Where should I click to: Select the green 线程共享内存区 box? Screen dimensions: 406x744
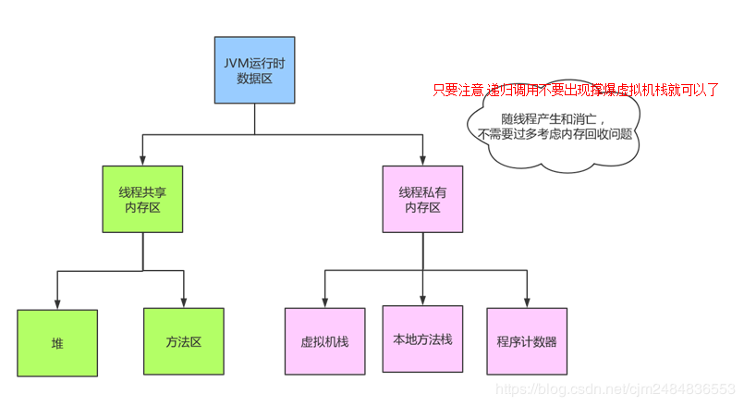pyautogui.click(x=142, y=199)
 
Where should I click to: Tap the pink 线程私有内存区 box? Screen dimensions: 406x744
pyautogui.click(x=423, y=199)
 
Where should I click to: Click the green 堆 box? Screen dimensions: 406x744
pyautogui.click(x=57, y=343)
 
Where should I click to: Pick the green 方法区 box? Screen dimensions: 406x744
pyautogui.click(x=184, y=341)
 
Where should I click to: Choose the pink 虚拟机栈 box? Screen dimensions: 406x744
pyautogui.click(x=324, y=341)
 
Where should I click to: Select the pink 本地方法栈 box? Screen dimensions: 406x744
pyautogui.click(x=422, y=338)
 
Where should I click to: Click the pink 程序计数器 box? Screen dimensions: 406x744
pyautogui.click(x=527, y=341)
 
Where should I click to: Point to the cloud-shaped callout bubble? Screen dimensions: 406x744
pyautogui.click(x=553, y=129)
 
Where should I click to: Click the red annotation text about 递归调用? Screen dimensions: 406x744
pyautogui.click(x=576, y=91)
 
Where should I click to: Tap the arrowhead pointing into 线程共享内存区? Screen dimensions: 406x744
pyautogui.click(x=142, y=159)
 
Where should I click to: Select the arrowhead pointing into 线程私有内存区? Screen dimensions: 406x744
pyautogui.click(x=423, y=159)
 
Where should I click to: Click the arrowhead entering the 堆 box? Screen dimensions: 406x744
pyautogui.click(x=57, y=303)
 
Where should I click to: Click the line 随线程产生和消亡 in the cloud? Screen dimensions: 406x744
pyautogui.click(x=554, y=119)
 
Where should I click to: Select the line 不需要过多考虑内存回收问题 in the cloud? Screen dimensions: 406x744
pyautogui.click(x=555, y=134)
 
